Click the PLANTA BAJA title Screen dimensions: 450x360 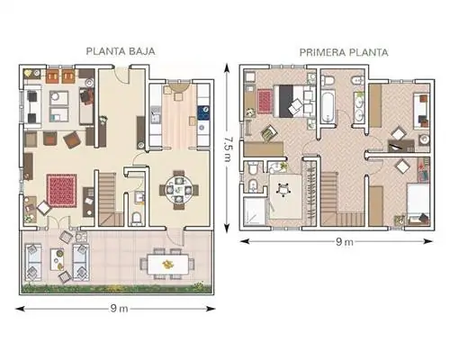[x=121, y=51]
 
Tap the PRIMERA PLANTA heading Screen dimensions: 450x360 [x=344, y=53]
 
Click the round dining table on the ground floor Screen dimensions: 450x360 [x=179, y=190]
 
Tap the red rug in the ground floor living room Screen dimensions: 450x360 [x=61, y=190]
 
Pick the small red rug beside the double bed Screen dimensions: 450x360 [x=265, y=101]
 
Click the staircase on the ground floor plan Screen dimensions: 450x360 [x=109, y=199]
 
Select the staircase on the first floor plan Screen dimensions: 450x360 [x=334, y=199]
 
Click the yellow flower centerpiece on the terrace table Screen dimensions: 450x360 [x=168, y=265]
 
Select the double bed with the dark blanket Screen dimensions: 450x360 [x=292, y=101]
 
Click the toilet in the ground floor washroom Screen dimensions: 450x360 [x=137, y=218]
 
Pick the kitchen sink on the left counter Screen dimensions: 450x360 [x=155, y=115]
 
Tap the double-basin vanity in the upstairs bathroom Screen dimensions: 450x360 [x=358, y=107]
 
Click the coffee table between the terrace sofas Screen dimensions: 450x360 [x=57, y=259]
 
